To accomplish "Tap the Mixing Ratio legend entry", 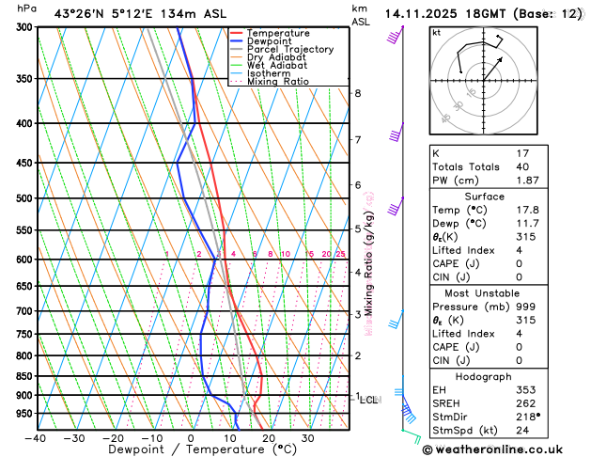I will click(x=277, y=81).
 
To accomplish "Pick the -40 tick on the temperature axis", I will click(x=36, y=437).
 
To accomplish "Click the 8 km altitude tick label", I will click(x=357, y=93).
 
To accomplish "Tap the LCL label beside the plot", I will click(x=369, y=400).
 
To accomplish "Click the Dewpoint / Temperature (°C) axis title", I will click(x=191, y=450).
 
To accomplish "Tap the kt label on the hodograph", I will click(x=436, y=33).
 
